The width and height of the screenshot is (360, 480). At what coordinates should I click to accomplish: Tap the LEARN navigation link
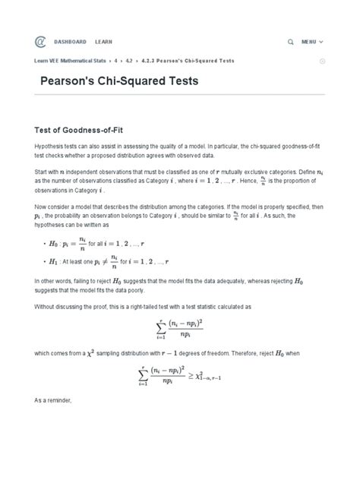click(x=103, y=41)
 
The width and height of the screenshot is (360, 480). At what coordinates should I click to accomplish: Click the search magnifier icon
click(x=291, y=41)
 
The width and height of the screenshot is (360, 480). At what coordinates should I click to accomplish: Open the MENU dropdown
click(x=312, y=41)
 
